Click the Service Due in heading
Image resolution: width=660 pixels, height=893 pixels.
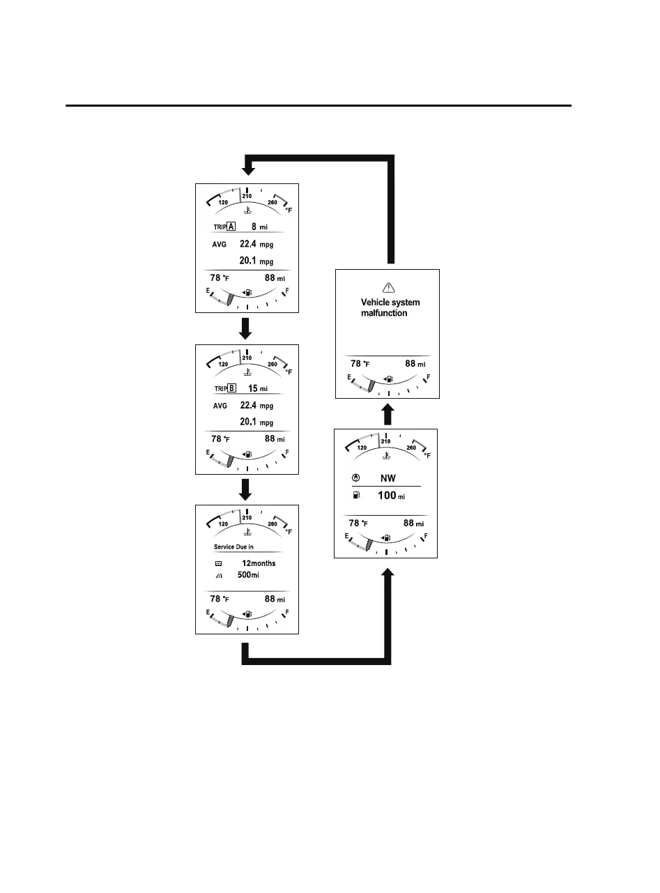click(x=233, y=547)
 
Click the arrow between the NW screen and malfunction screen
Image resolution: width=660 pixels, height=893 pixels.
click(x=389, y=415)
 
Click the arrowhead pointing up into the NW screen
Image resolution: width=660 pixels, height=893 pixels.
click(x=389, y=574)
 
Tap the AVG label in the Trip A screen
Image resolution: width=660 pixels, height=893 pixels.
click(x=220, y=245)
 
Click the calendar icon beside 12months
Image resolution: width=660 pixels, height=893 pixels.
click(x=218, y=563)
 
